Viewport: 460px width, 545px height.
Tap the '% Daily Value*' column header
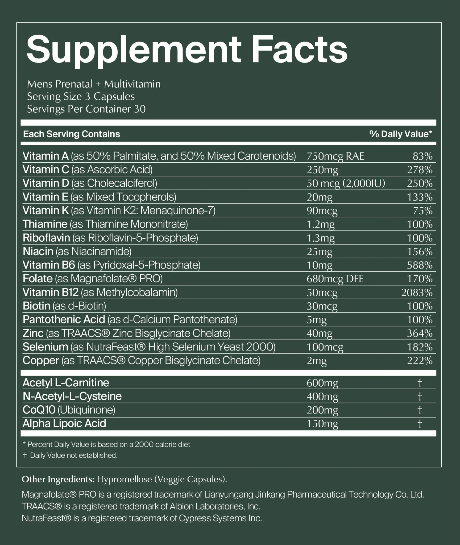click(401, 134)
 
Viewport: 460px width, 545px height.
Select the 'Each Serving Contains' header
click(72, 134)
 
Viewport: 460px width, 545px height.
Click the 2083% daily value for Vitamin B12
click(417, 292)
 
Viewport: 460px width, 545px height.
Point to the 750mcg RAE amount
click(335, 156)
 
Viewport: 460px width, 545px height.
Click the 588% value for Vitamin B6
click(420, 265)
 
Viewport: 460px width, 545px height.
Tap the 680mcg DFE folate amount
click(335, 279)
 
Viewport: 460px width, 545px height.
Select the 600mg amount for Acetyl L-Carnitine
click(322, 383)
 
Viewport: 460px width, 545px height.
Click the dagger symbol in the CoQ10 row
click(420, 410)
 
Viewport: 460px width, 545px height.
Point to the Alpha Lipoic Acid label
click(64, 423)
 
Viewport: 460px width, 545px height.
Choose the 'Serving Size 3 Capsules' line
click(81, 97)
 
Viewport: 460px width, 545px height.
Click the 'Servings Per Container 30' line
click(86, 109)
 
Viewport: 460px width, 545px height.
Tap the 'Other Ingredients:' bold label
click(58, 479)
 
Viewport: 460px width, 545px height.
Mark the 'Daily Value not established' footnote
click(70, 455)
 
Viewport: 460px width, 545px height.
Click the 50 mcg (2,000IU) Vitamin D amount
click(346, 184)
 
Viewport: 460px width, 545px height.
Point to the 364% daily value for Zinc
click(420, 333)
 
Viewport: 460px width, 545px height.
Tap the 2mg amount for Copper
click(317, 361)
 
